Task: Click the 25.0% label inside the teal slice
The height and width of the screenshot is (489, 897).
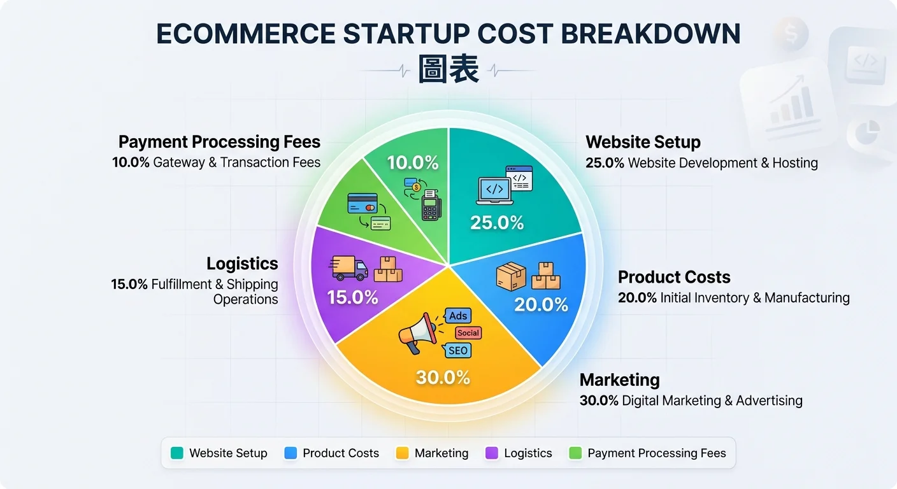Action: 497,223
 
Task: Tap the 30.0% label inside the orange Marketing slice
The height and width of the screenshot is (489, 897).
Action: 443,378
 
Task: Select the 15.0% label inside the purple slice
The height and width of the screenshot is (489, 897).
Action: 352,297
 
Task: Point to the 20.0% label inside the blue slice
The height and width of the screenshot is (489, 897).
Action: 541,304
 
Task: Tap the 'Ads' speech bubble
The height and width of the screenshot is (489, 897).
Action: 457,316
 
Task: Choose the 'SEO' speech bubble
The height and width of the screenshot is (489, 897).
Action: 457,351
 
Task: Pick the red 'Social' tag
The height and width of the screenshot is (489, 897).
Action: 468,333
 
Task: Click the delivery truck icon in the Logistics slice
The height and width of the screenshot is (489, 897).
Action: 348,267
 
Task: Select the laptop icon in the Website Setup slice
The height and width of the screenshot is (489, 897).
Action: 494,191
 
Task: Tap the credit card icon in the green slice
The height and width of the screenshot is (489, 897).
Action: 362,204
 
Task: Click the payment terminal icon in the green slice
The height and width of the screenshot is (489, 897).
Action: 431,205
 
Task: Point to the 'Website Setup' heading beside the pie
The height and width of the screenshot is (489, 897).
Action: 643,142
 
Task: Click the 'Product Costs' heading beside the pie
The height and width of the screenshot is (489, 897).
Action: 674,277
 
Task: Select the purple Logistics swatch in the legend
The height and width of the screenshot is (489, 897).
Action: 492,453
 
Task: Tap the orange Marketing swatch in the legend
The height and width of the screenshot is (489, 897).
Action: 402,453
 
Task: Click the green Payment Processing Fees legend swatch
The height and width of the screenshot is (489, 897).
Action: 575,453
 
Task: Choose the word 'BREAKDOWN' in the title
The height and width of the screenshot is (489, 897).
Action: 650,34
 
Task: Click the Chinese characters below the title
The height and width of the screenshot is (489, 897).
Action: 448,69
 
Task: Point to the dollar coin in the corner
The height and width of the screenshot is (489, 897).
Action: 791,34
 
